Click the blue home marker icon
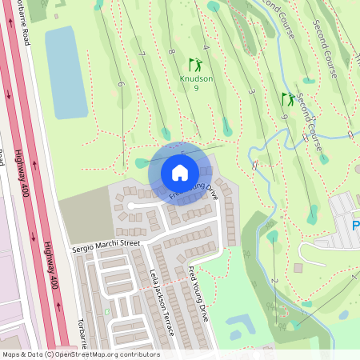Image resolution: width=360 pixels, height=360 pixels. click(x=180, y=172)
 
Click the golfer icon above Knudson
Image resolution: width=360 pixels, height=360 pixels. click(x=194, y=63)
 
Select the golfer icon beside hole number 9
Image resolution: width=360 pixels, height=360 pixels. click(x=287, y=99)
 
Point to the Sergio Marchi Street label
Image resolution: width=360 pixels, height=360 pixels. click(x=106, y=241)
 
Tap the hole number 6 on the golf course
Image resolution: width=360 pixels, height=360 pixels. click(x=121, y=84)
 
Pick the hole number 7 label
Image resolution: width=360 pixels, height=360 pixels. click(x=142, y=54)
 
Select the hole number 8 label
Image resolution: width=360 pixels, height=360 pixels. click(x=171, y=52)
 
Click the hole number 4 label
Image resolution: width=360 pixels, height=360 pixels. click(x=206, y=48)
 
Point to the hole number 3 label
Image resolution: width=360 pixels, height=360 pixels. click(x=250, y=92)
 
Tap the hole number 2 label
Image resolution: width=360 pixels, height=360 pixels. click(x=274, y=281)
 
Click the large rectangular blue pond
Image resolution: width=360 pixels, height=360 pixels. click(x=66, y=72)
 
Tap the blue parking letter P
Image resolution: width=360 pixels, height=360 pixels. click(x=355, y=226)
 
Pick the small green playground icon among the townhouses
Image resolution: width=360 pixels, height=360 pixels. click(x=106, y=311)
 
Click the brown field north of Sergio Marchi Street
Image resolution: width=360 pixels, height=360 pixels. click(x=84, y=217)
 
